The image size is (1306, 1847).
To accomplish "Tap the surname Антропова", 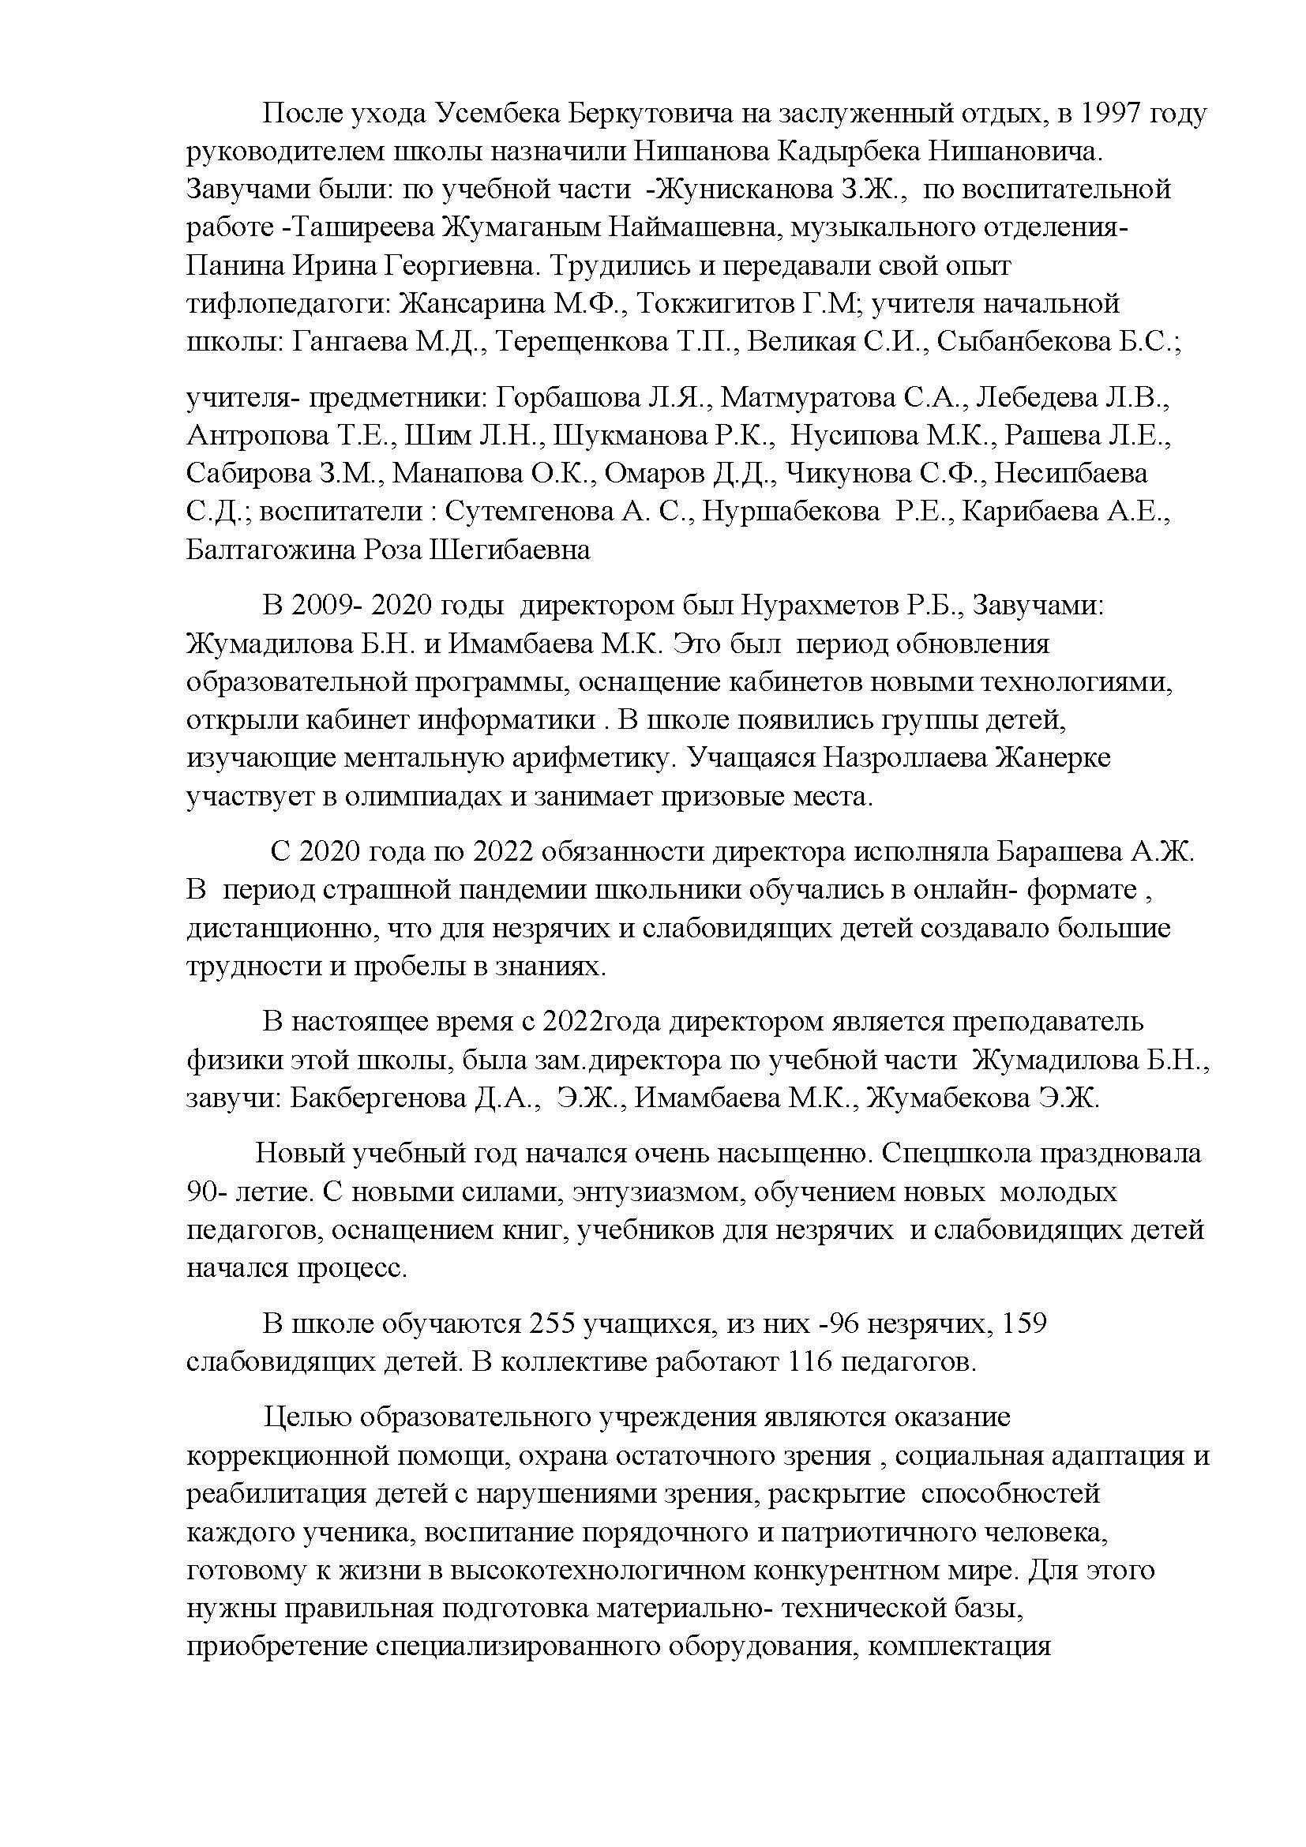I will point(258,435).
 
